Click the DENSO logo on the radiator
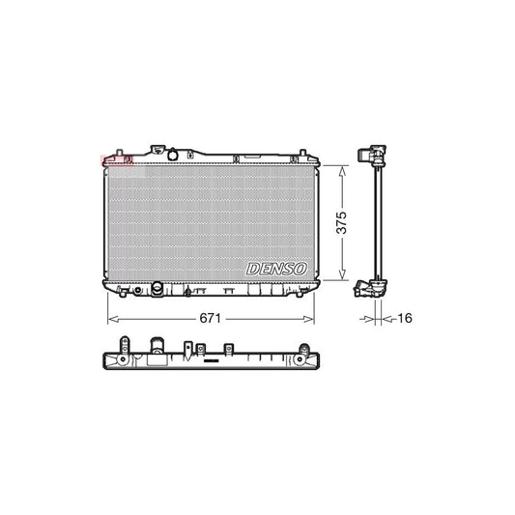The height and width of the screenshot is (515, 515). pos(278,266)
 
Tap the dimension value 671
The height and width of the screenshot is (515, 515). pos(213,316)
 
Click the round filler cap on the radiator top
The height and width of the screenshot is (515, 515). pos(172,155)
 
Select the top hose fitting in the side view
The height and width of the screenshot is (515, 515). pos(367,154)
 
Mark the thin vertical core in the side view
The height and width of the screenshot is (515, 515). pos(376,222)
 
